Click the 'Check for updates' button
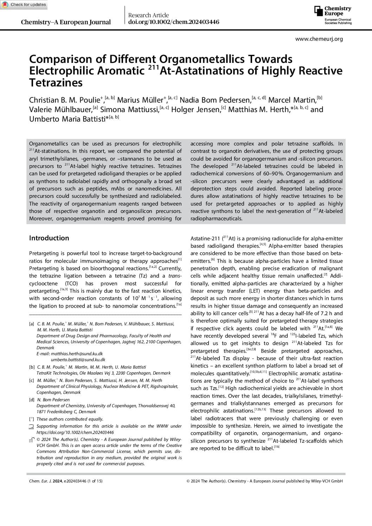tap(24, 5)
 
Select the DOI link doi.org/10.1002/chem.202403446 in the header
tap(174, 22)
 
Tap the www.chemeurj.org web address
tap(319, 39)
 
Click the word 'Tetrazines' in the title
tap(56, 83)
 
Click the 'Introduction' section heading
tap(49, 238)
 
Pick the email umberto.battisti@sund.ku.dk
tap(78, 360)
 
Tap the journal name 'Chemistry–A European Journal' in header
tap(66, 22)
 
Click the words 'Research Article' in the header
tap(148, 15)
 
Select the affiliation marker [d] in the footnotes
tap(32, 400)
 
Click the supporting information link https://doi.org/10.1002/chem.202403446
tap(75, 433)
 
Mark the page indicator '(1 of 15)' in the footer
tap(95, 481)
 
